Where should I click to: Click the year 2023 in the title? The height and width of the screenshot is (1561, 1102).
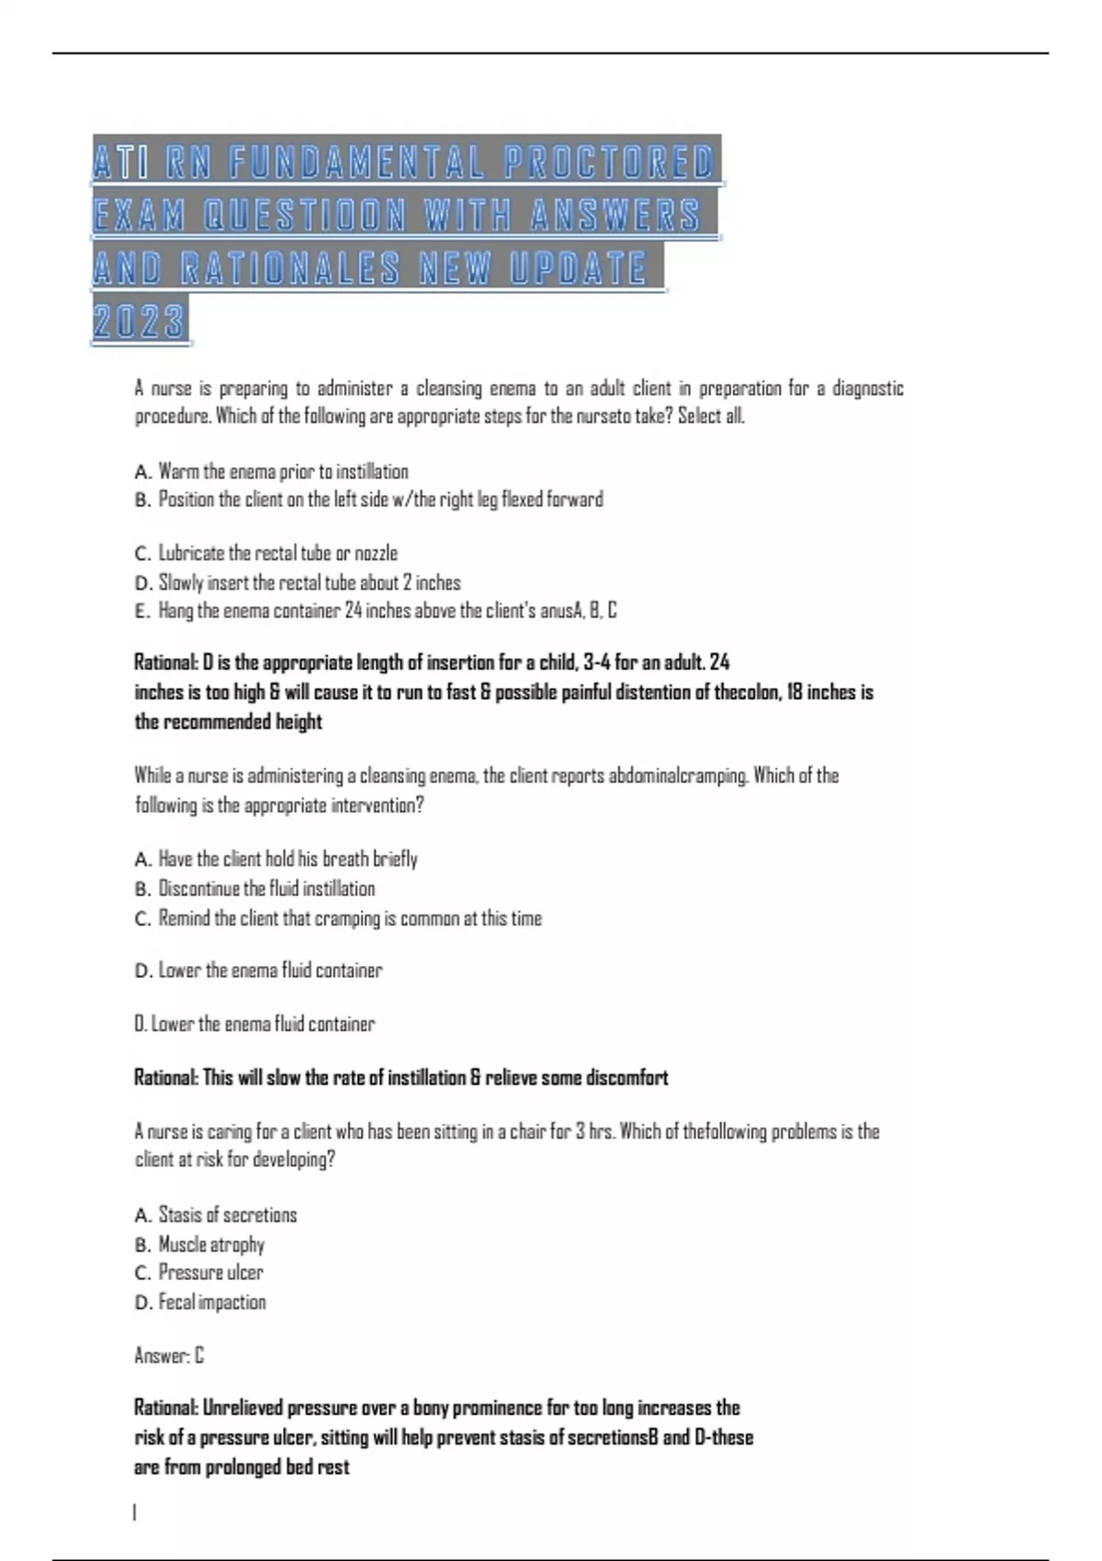click(x=140, y=321)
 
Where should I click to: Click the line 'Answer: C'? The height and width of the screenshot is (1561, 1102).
click(x=169, y=1355)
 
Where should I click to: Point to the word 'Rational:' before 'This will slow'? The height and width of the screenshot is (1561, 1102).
click(x=166, y=1077)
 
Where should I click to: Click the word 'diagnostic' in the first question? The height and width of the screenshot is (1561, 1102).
click(x=868, y=388)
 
